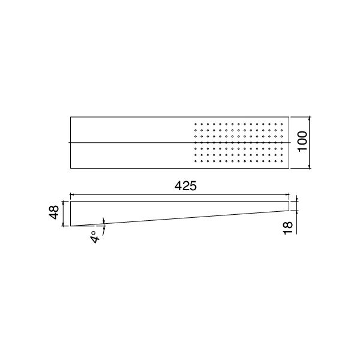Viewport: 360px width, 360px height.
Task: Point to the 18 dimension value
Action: (287, 226)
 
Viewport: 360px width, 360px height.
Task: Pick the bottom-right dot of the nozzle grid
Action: (281, 161)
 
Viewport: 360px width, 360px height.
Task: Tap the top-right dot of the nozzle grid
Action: (281, 124)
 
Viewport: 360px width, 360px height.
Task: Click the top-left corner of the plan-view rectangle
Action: (71, 116)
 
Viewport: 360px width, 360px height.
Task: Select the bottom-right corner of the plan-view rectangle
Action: (289, 169)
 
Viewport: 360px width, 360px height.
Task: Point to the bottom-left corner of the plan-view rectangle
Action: (71, 169)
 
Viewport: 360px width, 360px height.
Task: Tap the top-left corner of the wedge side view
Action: (71, 201)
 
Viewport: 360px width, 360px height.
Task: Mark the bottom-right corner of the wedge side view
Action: (289, 211)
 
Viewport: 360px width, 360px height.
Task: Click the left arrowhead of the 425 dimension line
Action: (73, 194)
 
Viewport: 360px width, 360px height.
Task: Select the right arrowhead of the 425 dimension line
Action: (287, 194)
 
